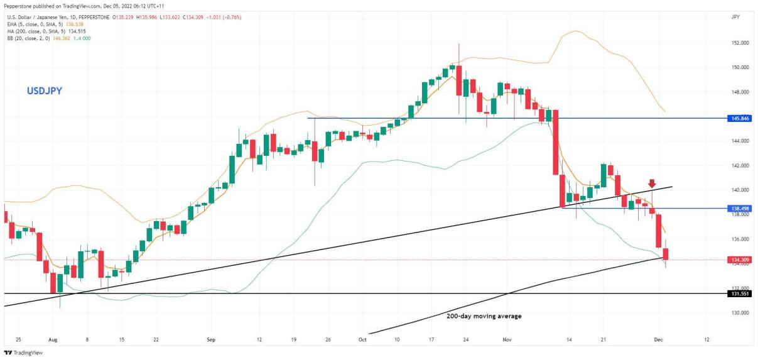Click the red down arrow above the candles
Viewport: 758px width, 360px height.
(x=652, y=183)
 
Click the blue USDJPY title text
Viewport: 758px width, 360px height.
(x=44, y=91)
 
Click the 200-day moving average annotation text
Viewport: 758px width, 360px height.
(x=484, y=316)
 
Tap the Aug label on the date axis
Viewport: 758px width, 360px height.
(x=52, y=339)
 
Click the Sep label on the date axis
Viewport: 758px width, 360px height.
(x=211, y=339)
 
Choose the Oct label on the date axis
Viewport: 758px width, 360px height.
(x=362, y=339)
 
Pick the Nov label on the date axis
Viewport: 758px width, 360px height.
(x=508, y=339)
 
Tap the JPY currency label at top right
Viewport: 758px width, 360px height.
(x=735, y=17)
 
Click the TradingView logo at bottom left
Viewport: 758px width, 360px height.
(x=18, y=353)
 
